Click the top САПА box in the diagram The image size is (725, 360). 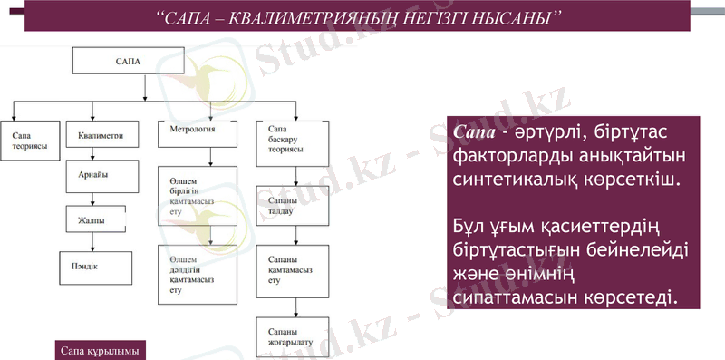(128, 61)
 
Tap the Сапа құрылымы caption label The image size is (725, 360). (97, 349)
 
